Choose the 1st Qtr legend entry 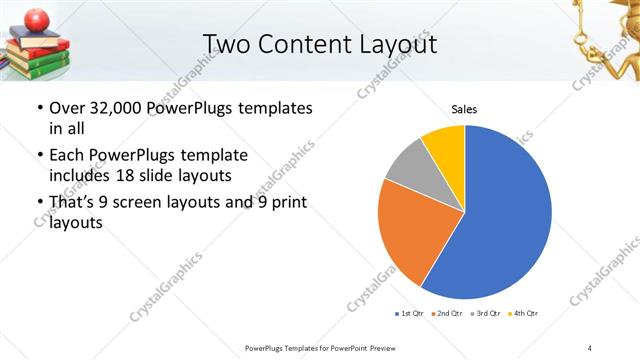point(411,313)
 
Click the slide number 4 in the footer point(589,347)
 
